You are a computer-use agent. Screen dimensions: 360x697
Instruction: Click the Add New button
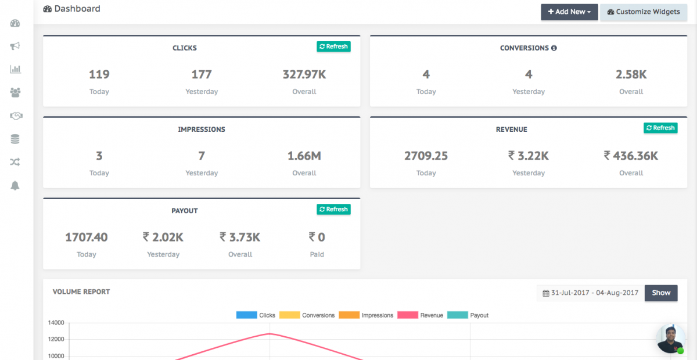coord(569,12)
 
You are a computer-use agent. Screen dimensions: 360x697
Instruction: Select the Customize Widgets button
coord(643,12)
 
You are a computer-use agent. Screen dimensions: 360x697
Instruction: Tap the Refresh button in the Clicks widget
coord(333,46)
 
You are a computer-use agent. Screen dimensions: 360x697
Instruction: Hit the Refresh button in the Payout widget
coord(333,209)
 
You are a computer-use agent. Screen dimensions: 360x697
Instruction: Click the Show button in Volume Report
coord(661,293)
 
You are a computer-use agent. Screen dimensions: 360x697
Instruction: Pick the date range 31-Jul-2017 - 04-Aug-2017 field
coord(590,293)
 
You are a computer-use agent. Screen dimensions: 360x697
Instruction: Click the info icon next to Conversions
coord(554,48)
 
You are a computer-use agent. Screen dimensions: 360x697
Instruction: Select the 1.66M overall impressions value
coord(304,156)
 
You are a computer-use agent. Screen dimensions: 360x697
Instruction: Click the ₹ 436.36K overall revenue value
coord(631,156)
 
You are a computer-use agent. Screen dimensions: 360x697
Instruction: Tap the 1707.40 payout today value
coord(86,237)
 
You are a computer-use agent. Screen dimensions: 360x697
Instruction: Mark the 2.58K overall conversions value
coord(631,74)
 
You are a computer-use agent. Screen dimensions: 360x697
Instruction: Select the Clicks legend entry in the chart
coord(256,315)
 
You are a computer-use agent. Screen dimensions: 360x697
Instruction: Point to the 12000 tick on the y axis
coord(56,339)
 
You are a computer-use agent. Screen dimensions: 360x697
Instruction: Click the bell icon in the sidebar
coord(15,185)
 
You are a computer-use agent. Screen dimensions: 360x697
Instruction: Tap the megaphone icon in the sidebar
coord(15,46)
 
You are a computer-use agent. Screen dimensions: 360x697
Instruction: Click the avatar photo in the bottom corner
coord(671,339)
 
